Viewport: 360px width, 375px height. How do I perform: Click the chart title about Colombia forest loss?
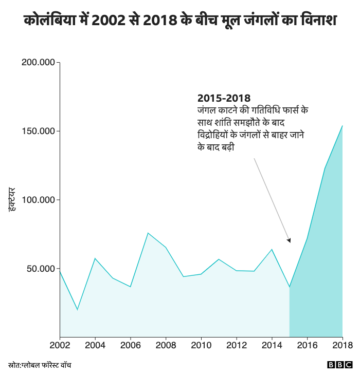coord(180,21)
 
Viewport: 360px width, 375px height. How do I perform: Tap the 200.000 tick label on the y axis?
coord(39,63)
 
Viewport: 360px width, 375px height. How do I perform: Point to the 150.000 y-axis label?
coord(39,132)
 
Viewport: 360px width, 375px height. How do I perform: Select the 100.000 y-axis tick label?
coord(39,200)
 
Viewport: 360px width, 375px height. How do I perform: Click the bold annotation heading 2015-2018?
coord(224,98)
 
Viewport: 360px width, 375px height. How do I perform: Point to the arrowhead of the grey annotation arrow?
coord(289,240)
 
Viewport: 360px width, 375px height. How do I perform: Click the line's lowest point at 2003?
coord(78,310)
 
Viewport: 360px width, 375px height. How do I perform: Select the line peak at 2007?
coord(148,233)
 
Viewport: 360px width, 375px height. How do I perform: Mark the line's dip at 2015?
coord(290,287)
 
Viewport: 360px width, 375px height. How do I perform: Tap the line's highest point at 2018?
coord(342,125)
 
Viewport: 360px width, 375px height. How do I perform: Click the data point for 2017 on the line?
coord(325,168)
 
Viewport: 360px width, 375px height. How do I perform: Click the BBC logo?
coord(340,365)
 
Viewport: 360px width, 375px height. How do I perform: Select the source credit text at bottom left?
coord(40,365)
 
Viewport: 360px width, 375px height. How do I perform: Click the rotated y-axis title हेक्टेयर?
coord(12,200)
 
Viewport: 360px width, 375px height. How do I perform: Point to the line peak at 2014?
coord(272,249)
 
